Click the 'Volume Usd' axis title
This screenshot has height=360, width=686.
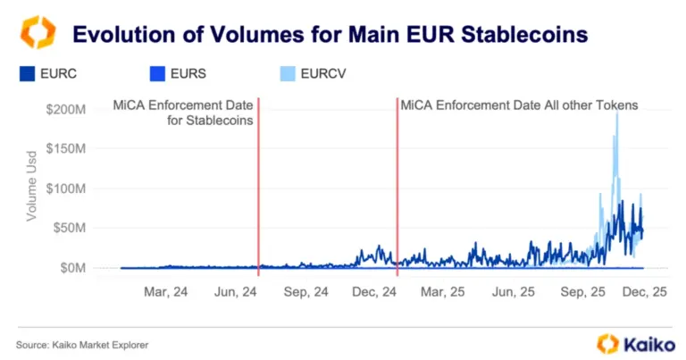coord(31,188)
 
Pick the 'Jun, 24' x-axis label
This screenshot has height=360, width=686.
coord(236,292)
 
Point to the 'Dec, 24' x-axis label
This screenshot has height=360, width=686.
coord(375,292)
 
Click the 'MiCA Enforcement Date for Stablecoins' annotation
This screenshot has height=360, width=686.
coord(183,112)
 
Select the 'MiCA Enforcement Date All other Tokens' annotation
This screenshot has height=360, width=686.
coord(519,105)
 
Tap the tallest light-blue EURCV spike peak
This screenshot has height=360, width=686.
coord(616,113)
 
